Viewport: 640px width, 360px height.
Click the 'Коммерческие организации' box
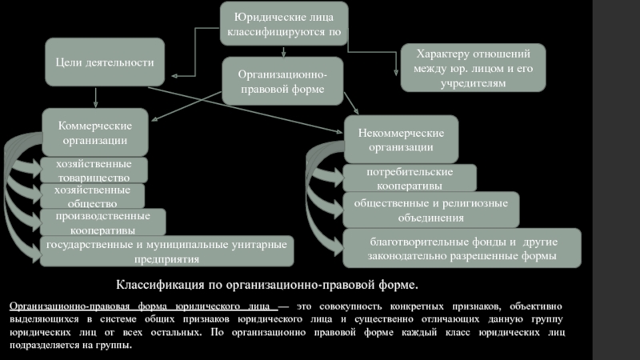pyautogui.click(x=95, y=134)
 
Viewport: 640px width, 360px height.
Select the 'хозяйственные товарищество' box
pyautogui.click(x=94, y=170)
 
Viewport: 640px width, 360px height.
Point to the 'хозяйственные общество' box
pyautogui.click(x=93, y=197)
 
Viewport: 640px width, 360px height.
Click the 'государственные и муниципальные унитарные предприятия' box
pyautogui.click(x=167, y=251)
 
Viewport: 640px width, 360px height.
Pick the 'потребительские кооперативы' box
pyautogui.click(x=410, y=178)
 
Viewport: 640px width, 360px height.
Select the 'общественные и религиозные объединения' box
pyautogui.click(x=430, y=210)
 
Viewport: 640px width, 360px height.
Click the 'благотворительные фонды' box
pyautogui.click(x=462, y=249)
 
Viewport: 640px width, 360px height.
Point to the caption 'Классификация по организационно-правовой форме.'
pyautogui.click(x=268, y=285)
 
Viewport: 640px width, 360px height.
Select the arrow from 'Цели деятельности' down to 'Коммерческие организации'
pyautogui.click(x=95, y=98)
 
